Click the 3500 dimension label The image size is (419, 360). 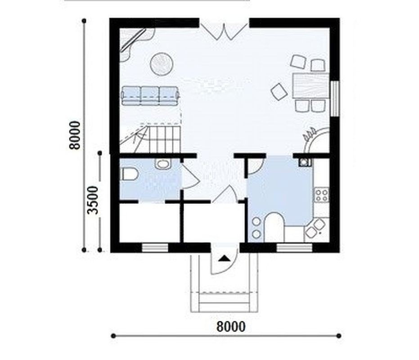tap(94, 200)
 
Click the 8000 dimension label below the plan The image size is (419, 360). tap(230, 327)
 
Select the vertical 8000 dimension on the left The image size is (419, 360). tap(84, 135)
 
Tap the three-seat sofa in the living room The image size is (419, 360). tap(150, 95)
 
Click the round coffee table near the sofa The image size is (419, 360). tap(162, 64)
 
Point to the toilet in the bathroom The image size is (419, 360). tap(130, 174)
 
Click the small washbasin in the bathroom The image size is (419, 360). tap(162, 164)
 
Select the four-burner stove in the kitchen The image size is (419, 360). tap(321, 195)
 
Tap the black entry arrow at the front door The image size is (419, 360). tap(224, 258)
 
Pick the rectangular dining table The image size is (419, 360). tap(311, 85)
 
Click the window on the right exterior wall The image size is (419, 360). tap(334, 99)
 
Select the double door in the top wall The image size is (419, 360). tap(224, 31)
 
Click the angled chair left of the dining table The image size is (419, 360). tap(279, 91)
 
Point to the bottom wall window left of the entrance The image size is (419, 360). tap(155, 248)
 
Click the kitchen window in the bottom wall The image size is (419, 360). tap(294, 248)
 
